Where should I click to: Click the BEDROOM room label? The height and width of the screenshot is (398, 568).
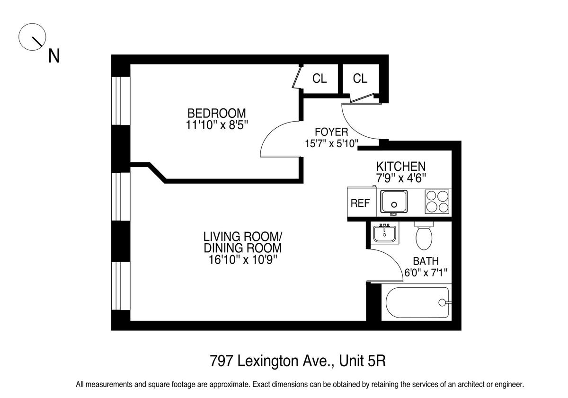pos(217,113)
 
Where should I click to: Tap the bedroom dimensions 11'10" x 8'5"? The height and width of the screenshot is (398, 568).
pos(217,125)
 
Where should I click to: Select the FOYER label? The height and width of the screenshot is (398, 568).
pos(331,132)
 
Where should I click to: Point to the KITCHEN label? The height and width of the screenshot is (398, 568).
pos(401,167)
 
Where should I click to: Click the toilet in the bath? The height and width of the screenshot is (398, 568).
pos(424,236)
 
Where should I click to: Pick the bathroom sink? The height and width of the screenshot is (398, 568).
pos(384,234)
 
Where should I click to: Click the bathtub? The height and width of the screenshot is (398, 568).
pos(417,302)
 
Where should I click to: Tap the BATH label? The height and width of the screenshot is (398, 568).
pos(426,261)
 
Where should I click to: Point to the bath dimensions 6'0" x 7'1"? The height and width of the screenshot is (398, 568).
pos(426,273)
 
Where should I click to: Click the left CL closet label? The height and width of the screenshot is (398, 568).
pos(319,79)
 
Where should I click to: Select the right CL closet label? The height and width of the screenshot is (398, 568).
pos(360,79)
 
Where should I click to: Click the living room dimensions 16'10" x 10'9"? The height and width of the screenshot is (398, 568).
pos(243,260)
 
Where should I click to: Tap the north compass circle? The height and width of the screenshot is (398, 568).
pos(32,37)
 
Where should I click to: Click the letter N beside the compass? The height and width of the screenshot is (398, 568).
pos(54,56)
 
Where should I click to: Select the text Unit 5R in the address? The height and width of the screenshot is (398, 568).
pos(363,361)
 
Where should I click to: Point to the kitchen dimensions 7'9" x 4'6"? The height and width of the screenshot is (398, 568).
pos(401,178)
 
